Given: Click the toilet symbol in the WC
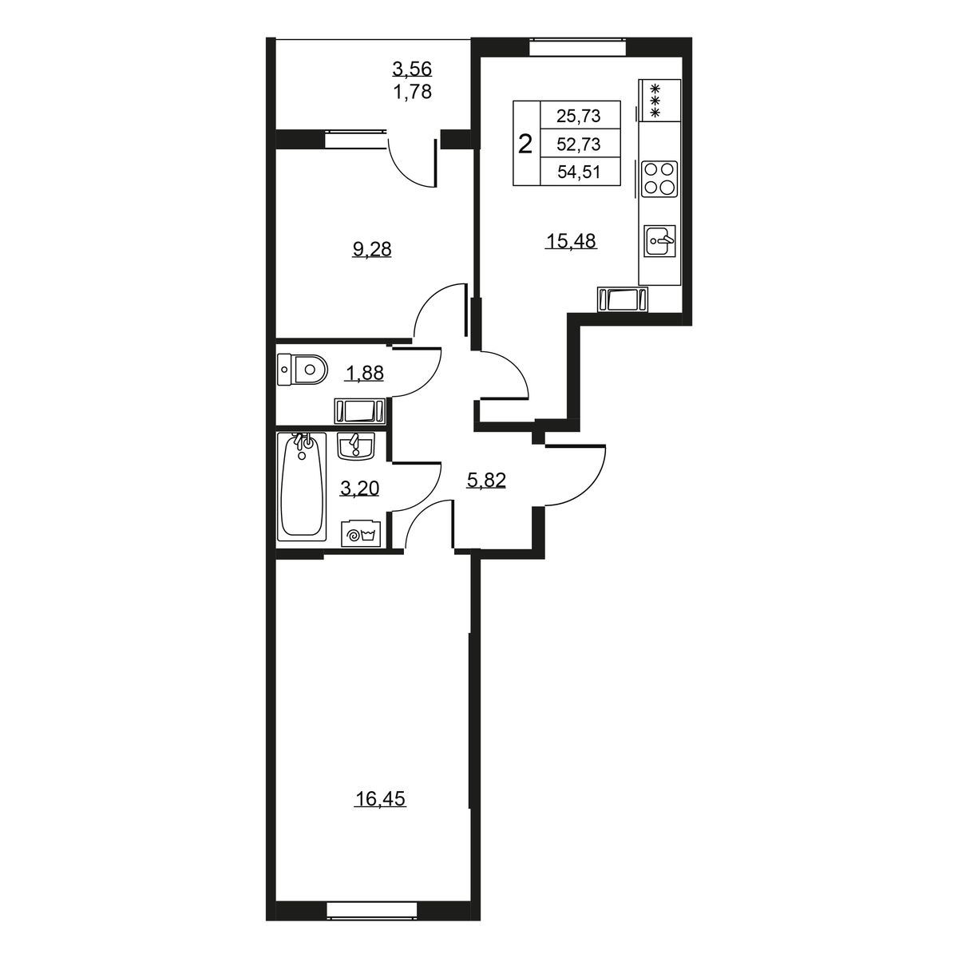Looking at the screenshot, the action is click(303, 370).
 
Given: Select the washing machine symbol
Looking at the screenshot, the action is click(361, 534).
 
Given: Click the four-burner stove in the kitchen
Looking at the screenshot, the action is click(659, 179).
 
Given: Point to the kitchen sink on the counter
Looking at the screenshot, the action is click(660, 241).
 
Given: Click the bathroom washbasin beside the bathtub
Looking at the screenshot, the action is click(355, 445).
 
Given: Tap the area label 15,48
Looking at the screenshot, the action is click(571, 241).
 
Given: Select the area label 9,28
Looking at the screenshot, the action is click(372, 250).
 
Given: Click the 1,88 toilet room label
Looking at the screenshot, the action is click(364, 372).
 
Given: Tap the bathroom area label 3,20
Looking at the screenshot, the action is click(359, 489).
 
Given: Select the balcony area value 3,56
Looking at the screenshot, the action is click(412, 69).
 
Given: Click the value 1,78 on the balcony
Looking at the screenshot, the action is click(413, 92).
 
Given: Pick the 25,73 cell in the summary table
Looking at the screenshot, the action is click(579, 116).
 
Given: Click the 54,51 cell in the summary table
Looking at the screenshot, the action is click(579, 172).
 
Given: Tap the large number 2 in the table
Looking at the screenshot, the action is click(525, 144).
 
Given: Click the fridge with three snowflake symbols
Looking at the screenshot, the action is click(659, 100).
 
